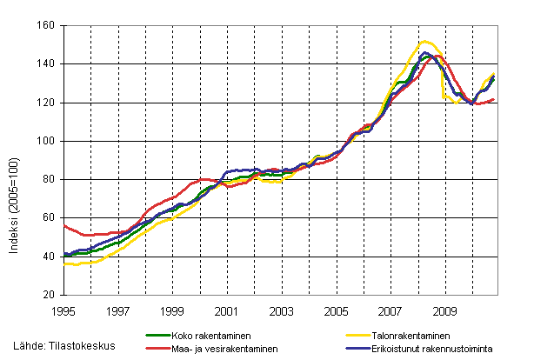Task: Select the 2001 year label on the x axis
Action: point(227,310)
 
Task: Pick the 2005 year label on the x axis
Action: point(336,310)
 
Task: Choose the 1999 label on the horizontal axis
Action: point(173,310)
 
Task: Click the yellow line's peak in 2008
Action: point(425,41)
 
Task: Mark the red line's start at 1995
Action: point(65,225)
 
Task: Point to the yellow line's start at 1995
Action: point(65,263)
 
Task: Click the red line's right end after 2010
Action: point(495,99)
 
